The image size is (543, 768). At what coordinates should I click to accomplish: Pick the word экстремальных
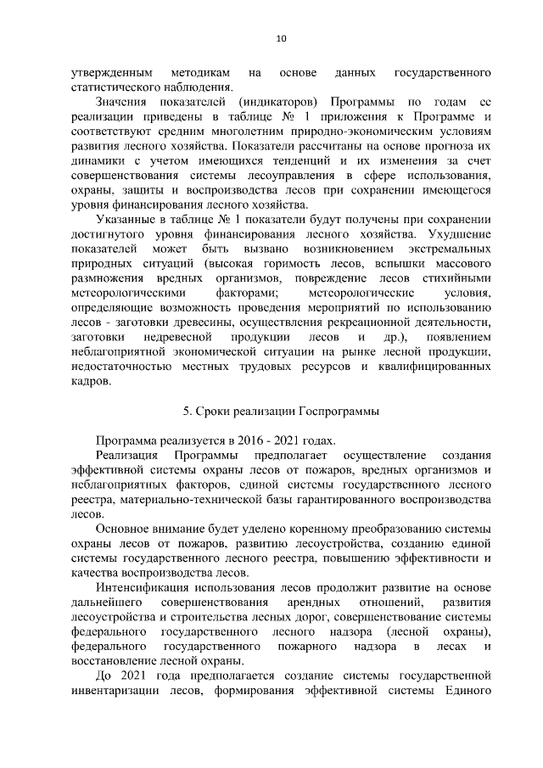449,249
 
